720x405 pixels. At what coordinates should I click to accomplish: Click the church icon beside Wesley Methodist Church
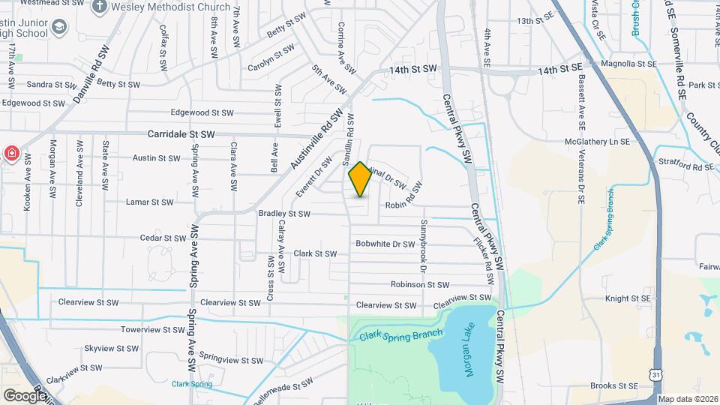pos(100,7)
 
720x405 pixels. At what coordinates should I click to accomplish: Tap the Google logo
pos(25,395)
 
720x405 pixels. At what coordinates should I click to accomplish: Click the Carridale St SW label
pos(181,134)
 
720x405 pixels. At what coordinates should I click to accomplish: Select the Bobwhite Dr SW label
pos(385,244)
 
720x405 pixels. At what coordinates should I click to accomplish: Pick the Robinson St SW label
pos(419,285)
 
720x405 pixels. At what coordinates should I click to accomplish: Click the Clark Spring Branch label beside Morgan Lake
pos(395,335)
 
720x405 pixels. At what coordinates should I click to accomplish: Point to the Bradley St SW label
pos(284,214)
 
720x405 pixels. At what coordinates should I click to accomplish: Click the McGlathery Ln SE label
pos(596,141)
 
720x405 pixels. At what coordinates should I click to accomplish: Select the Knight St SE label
pos(628,298)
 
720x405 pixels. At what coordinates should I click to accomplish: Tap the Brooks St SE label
pos(613,385)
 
